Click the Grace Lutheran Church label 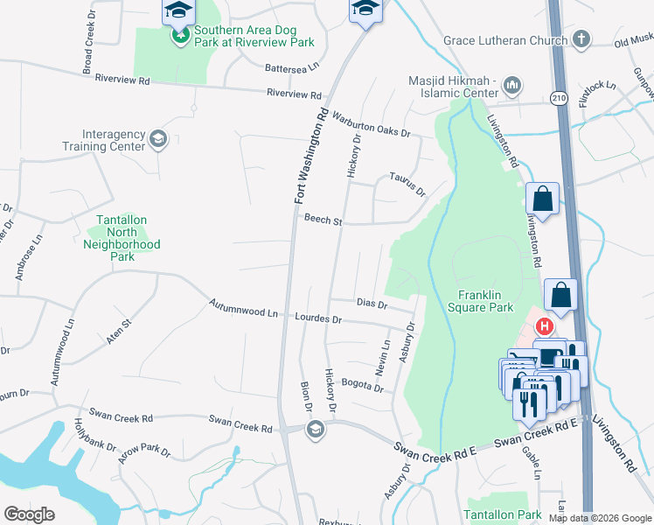pyautogui.click(x=505, y=40)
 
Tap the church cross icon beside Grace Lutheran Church pyautogui.click(x=581, y=39)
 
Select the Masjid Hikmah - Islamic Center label pyautogui.click(x=452, y=87)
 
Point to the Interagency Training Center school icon pyautogui.click(x=158, y=138)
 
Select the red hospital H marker pyautogui.click(x=545, y=327)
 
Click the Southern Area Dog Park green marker pyautogui.click(x=180, y=37)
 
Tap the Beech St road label pyautogui.click(x=323, y=220)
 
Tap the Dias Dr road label pyautogui.click(x=372, y=303)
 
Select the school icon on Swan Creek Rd pyautogui.click(x=315, y=430)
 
